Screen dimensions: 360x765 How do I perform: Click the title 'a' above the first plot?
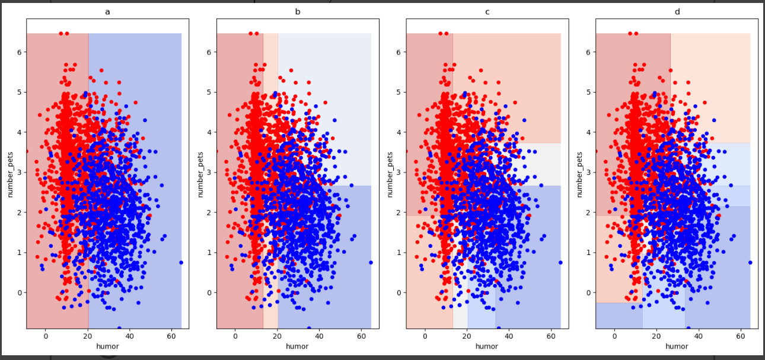click(x=107, y=11)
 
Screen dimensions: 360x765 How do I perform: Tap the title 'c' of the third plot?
click(x=487, y=11)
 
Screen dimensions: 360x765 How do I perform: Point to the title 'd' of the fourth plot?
click(x=677, y=11)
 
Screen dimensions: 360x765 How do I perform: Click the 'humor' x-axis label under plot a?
click(x=107, y=346)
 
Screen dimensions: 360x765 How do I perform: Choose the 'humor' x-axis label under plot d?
click(x=677, y=346)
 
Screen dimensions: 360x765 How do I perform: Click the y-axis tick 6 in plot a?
click(x=19, y=52)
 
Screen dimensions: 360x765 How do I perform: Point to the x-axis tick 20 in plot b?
click(x=278, y=336)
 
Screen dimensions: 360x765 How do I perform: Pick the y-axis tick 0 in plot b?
click(x=209, y=292)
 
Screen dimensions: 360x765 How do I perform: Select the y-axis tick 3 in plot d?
click(x=588, y=172)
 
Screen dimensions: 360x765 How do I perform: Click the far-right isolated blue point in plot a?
click(x=181, y=262)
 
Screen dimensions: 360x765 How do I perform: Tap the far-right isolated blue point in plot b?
click(x=371, y=262)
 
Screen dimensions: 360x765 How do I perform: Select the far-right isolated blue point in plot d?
click(x=750, y=262)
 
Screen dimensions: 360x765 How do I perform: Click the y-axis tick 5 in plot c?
click(x=399, y=92)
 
